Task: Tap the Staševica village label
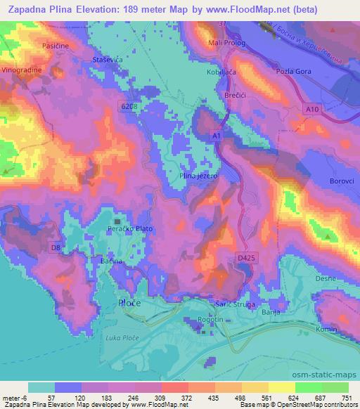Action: pos(108,60)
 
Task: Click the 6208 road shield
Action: pos(128,105)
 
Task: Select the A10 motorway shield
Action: pos(312,109)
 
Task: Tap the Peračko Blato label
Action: pos(128,228)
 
